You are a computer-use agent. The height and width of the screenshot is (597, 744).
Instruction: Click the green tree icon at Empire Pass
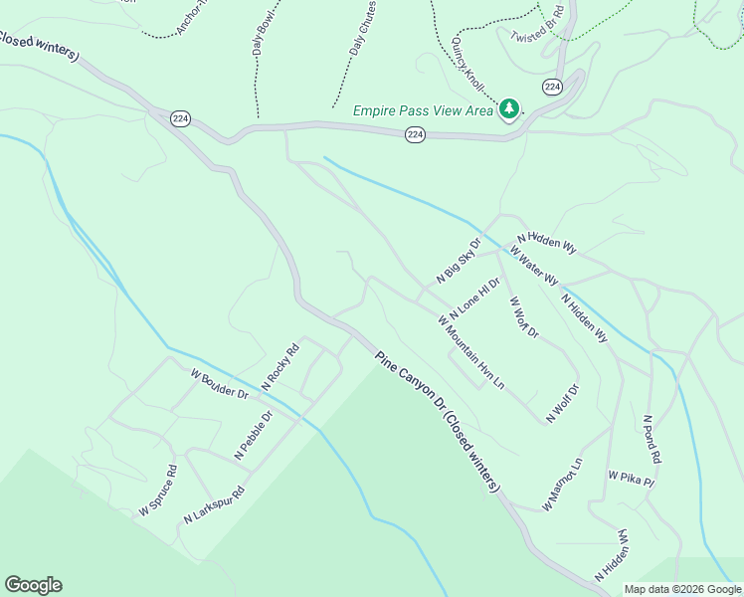click(509, 107)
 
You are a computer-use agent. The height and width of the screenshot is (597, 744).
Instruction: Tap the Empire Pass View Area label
click(423, 110)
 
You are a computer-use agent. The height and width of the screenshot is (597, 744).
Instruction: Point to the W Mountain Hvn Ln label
click(471, 351)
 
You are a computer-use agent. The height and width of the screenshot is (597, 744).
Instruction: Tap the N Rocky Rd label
click(279, 366)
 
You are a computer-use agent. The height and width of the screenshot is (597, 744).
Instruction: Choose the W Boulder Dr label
click(219, 383)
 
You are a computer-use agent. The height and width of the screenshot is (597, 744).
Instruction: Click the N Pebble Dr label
click(253, 436)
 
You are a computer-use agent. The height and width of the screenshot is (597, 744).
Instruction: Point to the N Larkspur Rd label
click(214, 506)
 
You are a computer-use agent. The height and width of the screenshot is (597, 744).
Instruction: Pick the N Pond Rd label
click(651, 440)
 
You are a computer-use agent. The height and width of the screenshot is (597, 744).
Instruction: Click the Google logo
click(33, 585)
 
